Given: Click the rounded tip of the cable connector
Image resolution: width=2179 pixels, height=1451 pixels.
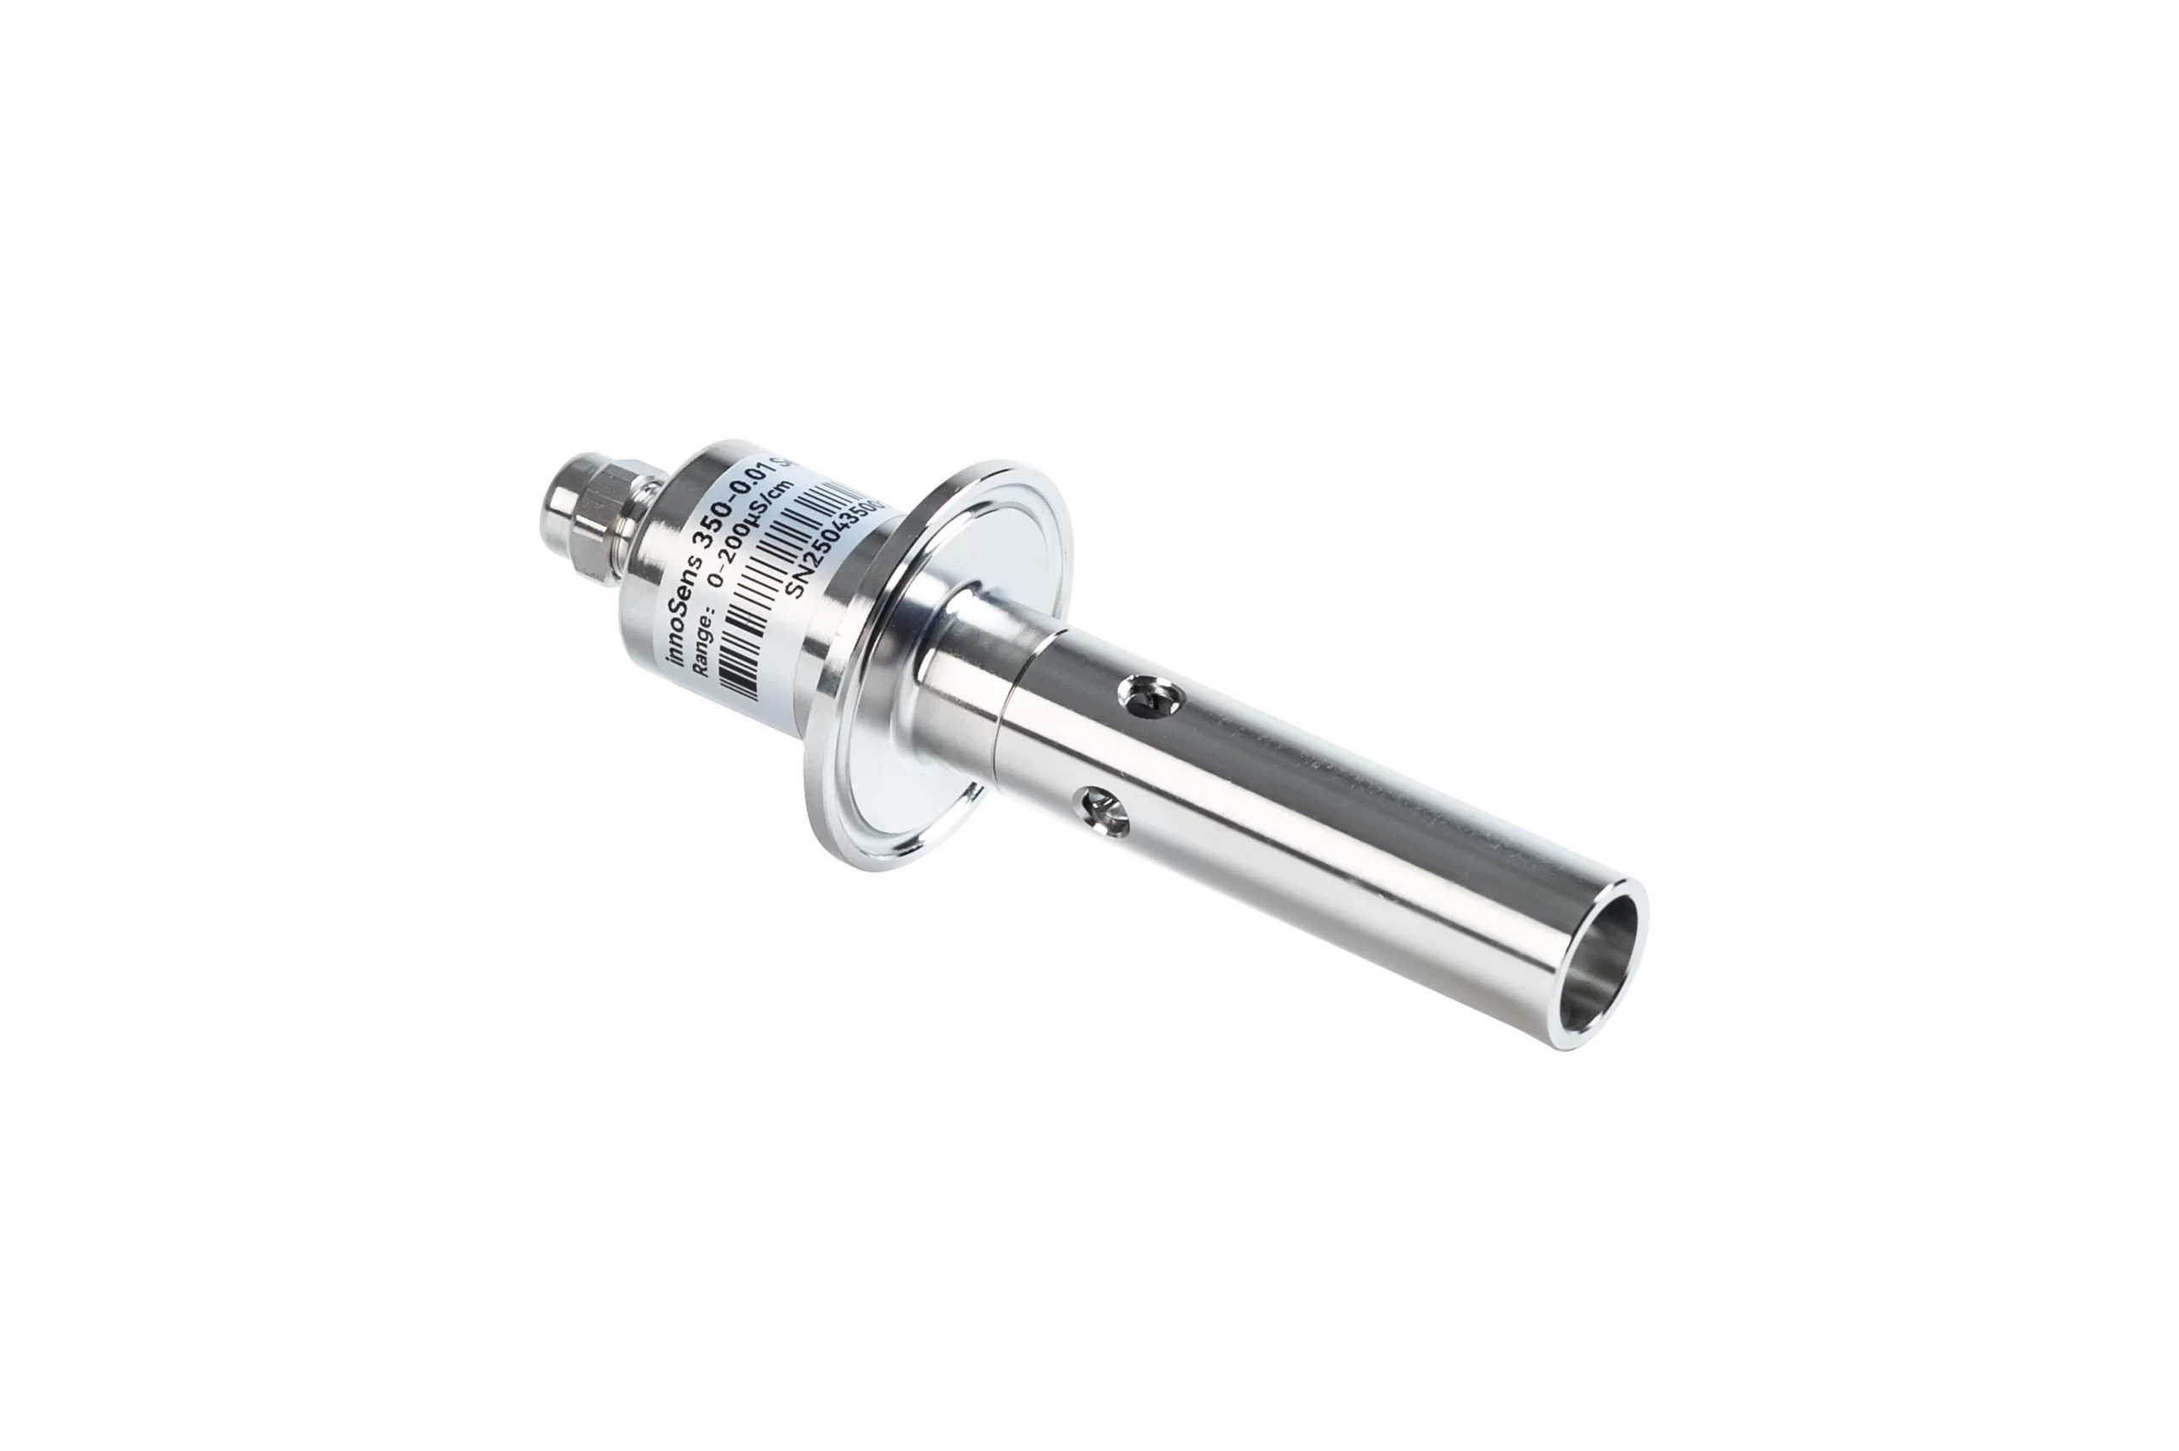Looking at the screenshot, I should coord(560,501).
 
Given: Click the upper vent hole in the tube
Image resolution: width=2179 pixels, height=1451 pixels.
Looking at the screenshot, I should coord(1150,694).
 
